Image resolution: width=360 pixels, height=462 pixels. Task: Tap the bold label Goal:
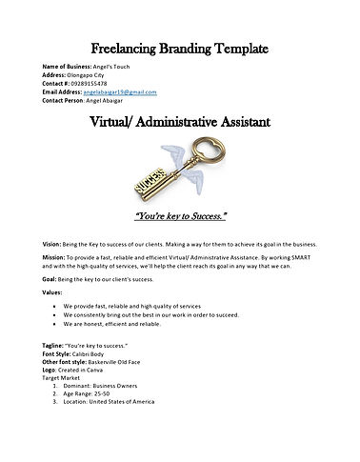(52, 283)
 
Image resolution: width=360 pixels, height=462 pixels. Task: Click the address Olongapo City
(92, 75)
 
